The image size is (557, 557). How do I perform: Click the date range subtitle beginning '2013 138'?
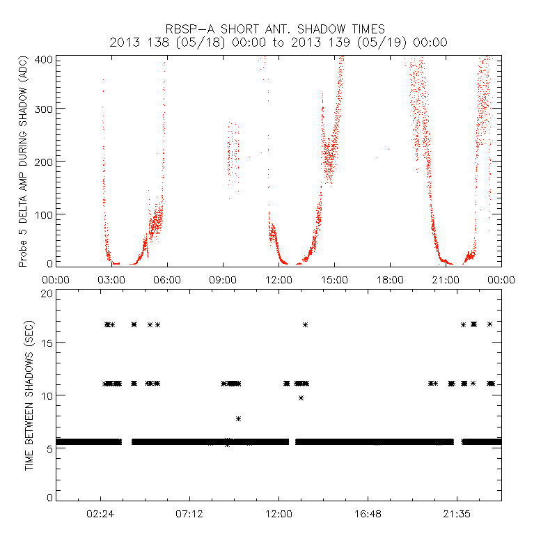[x=278, y=42]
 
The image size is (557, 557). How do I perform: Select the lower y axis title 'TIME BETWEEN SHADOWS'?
[x=29, y=395]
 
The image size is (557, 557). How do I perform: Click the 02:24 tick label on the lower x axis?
[x=100, y=513]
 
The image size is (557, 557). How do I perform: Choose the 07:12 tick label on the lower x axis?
[x=189, y=513]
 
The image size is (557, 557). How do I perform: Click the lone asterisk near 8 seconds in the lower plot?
[x=238, y=418]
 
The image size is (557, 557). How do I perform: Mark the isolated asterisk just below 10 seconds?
[x=301, y=398]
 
